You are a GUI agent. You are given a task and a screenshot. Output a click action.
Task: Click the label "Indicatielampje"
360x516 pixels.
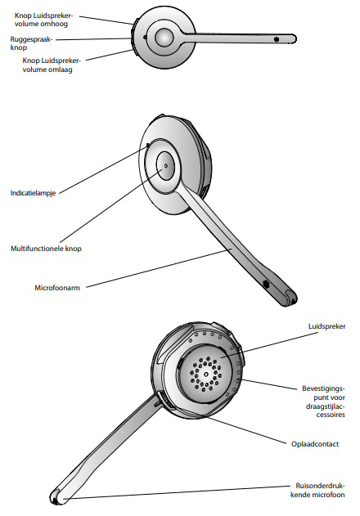pyautogui.click(x=33, y=193)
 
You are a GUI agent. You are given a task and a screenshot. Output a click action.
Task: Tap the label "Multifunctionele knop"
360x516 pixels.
pyautogui.click(x=46, y=249)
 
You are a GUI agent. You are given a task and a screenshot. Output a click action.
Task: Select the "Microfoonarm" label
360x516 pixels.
pyautogui.click(x=57, y=288)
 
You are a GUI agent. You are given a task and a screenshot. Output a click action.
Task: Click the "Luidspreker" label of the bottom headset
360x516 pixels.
pyautogui.click(x=326, y=326)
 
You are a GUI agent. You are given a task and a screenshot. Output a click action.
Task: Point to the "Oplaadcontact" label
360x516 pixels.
pyautogui.click(x=315, y=444)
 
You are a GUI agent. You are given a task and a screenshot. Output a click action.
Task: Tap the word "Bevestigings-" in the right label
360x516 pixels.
pyautogui.click(x=323, y=388)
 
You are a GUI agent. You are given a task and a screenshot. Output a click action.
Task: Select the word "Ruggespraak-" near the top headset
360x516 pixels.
pyautogui.click(x=31, y=39)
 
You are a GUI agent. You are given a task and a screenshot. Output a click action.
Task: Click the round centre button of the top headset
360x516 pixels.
pyautogui.click(x=164, y=37)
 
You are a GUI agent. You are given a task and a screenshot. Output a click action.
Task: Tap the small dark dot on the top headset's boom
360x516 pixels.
pyautogui.click(x=277, y=39)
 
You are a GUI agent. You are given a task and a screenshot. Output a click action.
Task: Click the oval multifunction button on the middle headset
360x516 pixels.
pyautogui.click(x=165, y=166)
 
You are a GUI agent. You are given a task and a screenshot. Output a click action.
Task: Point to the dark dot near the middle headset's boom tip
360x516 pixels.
pyautogui.click(x=266, y=283)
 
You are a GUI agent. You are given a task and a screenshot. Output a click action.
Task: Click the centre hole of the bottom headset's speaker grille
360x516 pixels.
pyautogui.click(x=206, y=375)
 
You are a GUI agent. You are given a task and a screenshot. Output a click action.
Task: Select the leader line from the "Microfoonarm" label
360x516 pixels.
pyautogui.click(x=159, y=268)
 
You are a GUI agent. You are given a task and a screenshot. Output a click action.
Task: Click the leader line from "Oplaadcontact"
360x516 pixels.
pyautogui.click(x=245, y=429)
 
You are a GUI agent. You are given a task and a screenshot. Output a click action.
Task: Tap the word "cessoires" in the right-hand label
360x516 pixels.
pyautogui.click(x=331, y=415)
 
